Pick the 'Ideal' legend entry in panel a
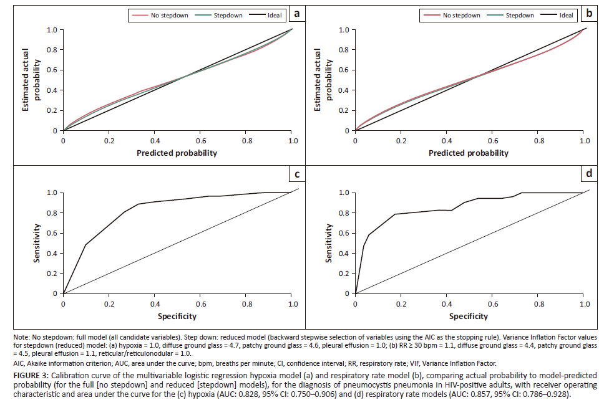click(x=273, y=15)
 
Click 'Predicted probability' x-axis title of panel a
click(x=178, y=153)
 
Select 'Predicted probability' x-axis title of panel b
click(x=469, y=153)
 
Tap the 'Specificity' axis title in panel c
click(x=178, y=316)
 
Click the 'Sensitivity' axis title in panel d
click(x=329, y=243)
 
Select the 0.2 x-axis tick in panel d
click(x=401, y=304)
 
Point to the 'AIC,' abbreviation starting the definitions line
click(x=19, y=363)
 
